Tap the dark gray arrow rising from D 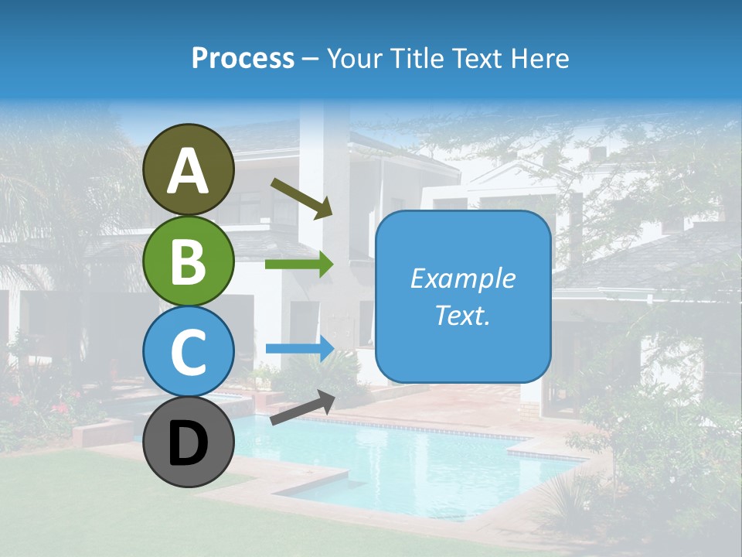click(302, 408)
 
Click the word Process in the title click(243, 58)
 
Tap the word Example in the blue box click(462, 278)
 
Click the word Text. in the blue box click(462, 316)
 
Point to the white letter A click(188, 172)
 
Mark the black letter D click(188, 444)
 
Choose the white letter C click(188, 352)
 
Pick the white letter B click(188, 261)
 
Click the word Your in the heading click(356, 58)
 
